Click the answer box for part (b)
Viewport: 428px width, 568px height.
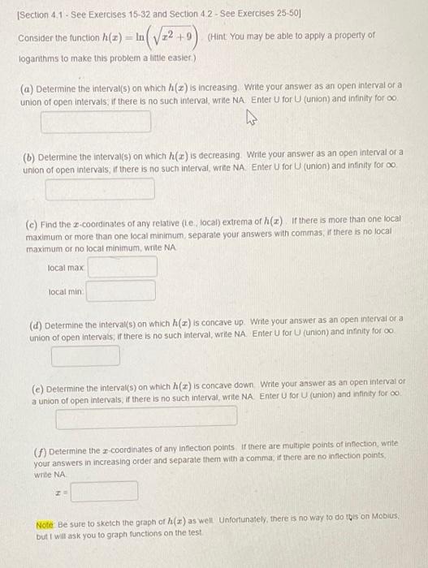pos(100,190)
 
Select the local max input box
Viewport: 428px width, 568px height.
pos(121,267)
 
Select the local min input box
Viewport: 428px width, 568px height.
pos(121,290)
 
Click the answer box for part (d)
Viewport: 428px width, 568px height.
pos(86,355)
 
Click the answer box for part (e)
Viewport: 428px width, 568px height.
pos(146,417)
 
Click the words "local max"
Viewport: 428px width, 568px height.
pos(65,267)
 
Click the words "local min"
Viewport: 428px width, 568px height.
pos(65,290)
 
